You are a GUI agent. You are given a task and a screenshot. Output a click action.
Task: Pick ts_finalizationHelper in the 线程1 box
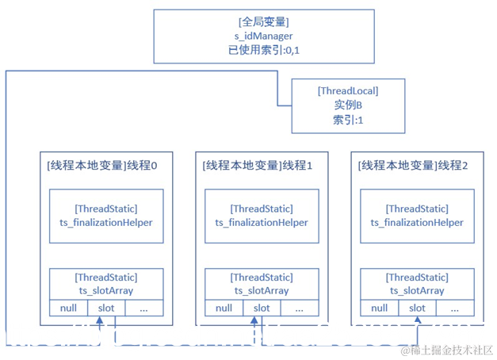coord(262,223)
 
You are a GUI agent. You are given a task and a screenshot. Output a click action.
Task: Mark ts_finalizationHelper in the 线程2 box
coord(417,223)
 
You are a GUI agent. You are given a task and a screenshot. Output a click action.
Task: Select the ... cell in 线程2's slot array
coord(453,308)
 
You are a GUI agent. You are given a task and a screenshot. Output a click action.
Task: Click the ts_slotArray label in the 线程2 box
coord(417,290)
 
